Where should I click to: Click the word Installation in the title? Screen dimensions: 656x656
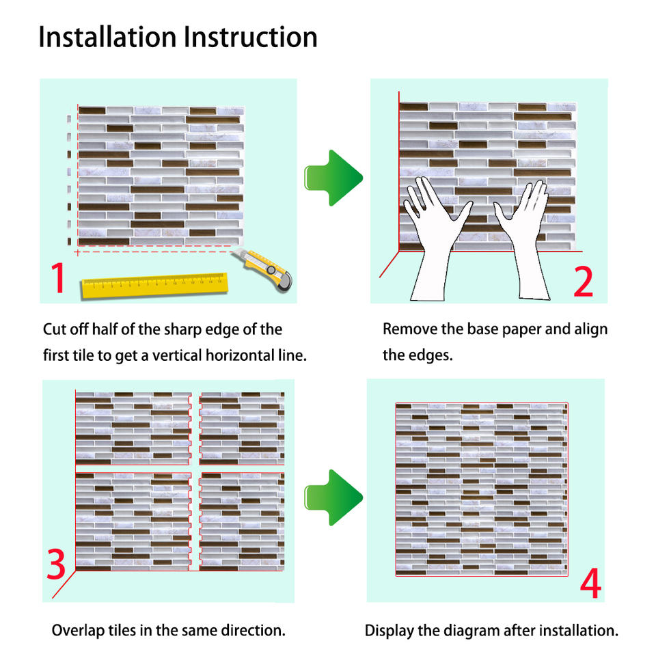tap(107, 37)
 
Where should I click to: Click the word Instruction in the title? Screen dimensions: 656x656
tap(251, 37)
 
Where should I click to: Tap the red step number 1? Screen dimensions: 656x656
tap(57, 278)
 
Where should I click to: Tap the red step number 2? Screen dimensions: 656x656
tap(583, 282)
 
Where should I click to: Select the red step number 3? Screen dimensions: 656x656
tap(57, 565)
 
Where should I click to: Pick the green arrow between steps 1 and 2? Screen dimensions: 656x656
tap(333, 178)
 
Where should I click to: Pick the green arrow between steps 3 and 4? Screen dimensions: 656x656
tap(333, 497)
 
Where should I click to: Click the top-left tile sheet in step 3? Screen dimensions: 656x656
tap(133, 428)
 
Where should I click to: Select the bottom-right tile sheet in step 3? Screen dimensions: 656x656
tap(242, 521)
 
